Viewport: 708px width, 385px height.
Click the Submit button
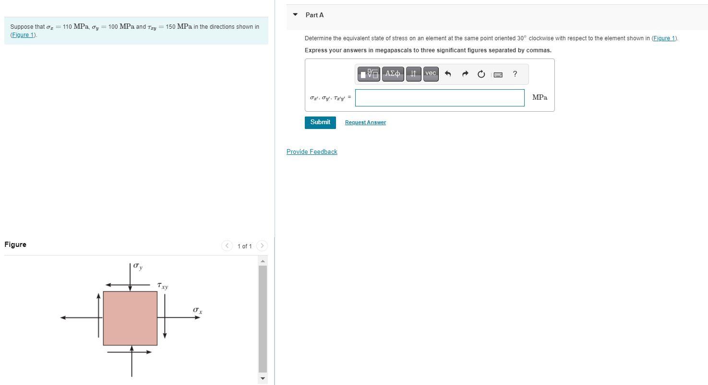pos(320,122)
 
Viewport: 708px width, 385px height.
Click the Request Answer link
pos(365,123)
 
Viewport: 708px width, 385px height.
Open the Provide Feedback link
pos(312,152)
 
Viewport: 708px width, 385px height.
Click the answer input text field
pos(440,98)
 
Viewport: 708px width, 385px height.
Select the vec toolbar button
pos(431,74)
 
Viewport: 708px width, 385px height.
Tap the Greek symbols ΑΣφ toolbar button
pos(393,74)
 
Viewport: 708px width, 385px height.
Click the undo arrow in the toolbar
pos(448,74)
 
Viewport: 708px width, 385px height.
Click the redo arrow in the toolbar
pos(465,74)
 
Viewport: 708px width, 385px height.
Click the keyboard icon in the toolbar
pos(498,74)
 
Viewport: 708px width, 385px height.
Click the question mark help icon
pos(515,74)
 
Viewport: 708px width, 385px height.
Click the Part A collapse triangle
pos(295,14)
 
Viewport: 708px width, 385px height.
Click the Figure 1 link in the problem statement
pos(24,35)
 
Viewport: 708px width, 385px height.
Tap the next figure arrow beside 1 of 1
pos(262,246)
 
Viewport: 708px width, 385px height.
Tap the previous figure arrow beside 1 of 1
pos(227,246)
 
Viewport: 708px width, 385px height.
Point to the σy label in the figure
pos(138,266)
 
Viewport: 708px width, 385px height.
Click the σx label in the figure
pos(197,311)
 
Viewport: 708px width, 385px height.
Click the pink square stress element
pos(130,318)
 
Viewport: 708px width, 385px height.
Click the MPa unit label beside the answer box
pos(540,97)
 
